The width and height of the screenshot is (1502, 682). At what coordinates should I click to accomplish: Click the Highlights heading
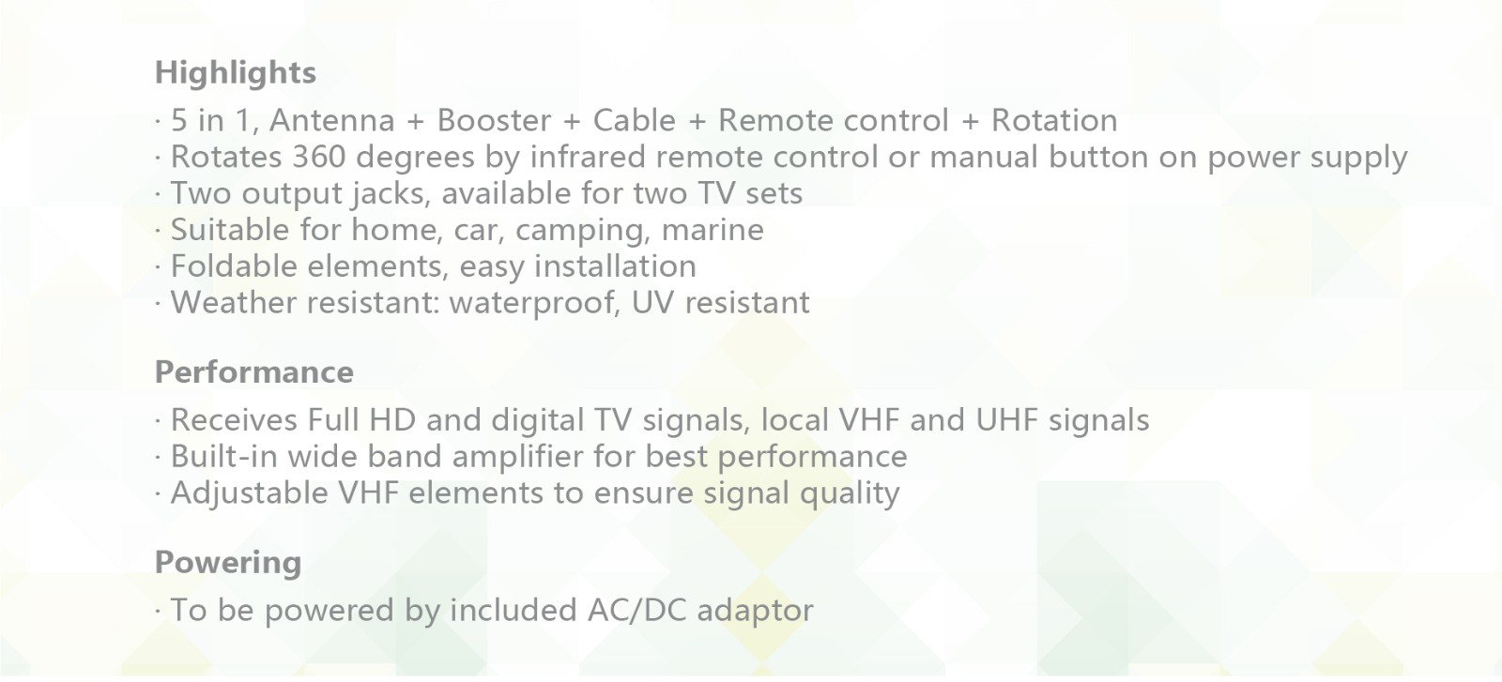236,73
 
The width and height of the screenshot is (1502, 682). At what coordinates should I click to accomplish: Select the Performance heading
254,371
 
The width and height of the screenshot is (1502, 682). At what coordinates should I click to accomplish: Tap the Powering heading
228,563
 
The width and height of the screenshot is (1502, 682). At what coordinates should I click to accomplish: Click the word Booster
494,121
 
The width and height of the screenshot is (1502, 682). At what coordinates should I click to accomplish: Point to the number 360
319,157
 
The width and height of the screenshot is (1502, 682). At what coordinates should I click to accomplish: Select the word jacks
393,194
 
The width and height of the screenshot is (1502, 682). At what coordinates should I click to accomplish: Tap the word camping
583,231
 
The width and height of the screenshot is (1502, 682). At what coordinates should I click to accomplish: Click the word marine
713,230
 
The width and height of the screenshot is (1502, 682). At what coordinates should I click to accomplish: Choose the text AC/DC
636,611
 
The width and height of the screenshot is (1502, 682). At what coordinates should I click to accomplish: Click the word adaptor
755,612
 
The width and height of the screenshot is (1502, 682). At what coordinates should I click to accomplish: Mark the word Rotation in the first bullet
1055,121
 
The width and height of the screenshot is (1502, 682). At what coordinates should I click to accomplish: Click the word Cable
635,121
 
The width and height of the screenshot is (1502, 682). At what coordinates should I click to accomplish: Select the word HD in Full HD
392,420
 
